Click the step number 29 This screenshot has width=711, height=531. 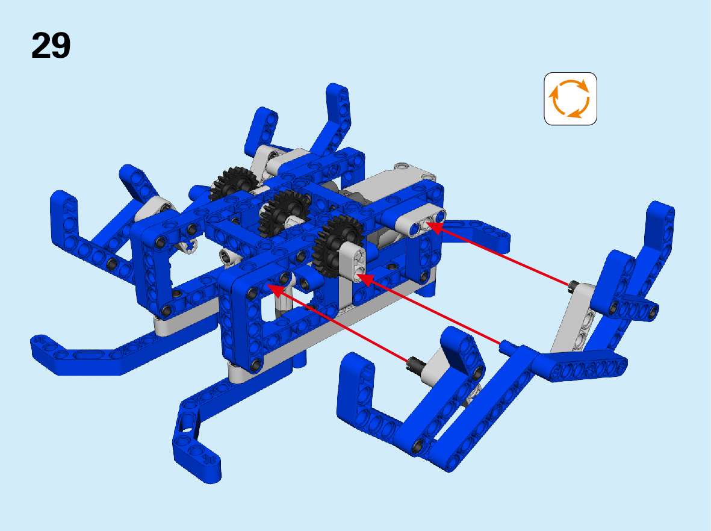point(51,45)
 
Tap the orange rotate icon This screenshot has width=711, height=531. point(570,98)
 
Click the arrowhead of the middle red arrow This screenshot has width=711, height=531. point(365,278)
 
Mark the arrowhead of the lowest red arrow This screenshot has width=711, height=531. point(275,290)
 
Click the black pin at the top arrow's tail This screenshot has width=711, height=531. point(573,286)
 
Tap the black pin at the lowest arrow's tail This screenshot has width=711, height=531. point(414,362)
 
